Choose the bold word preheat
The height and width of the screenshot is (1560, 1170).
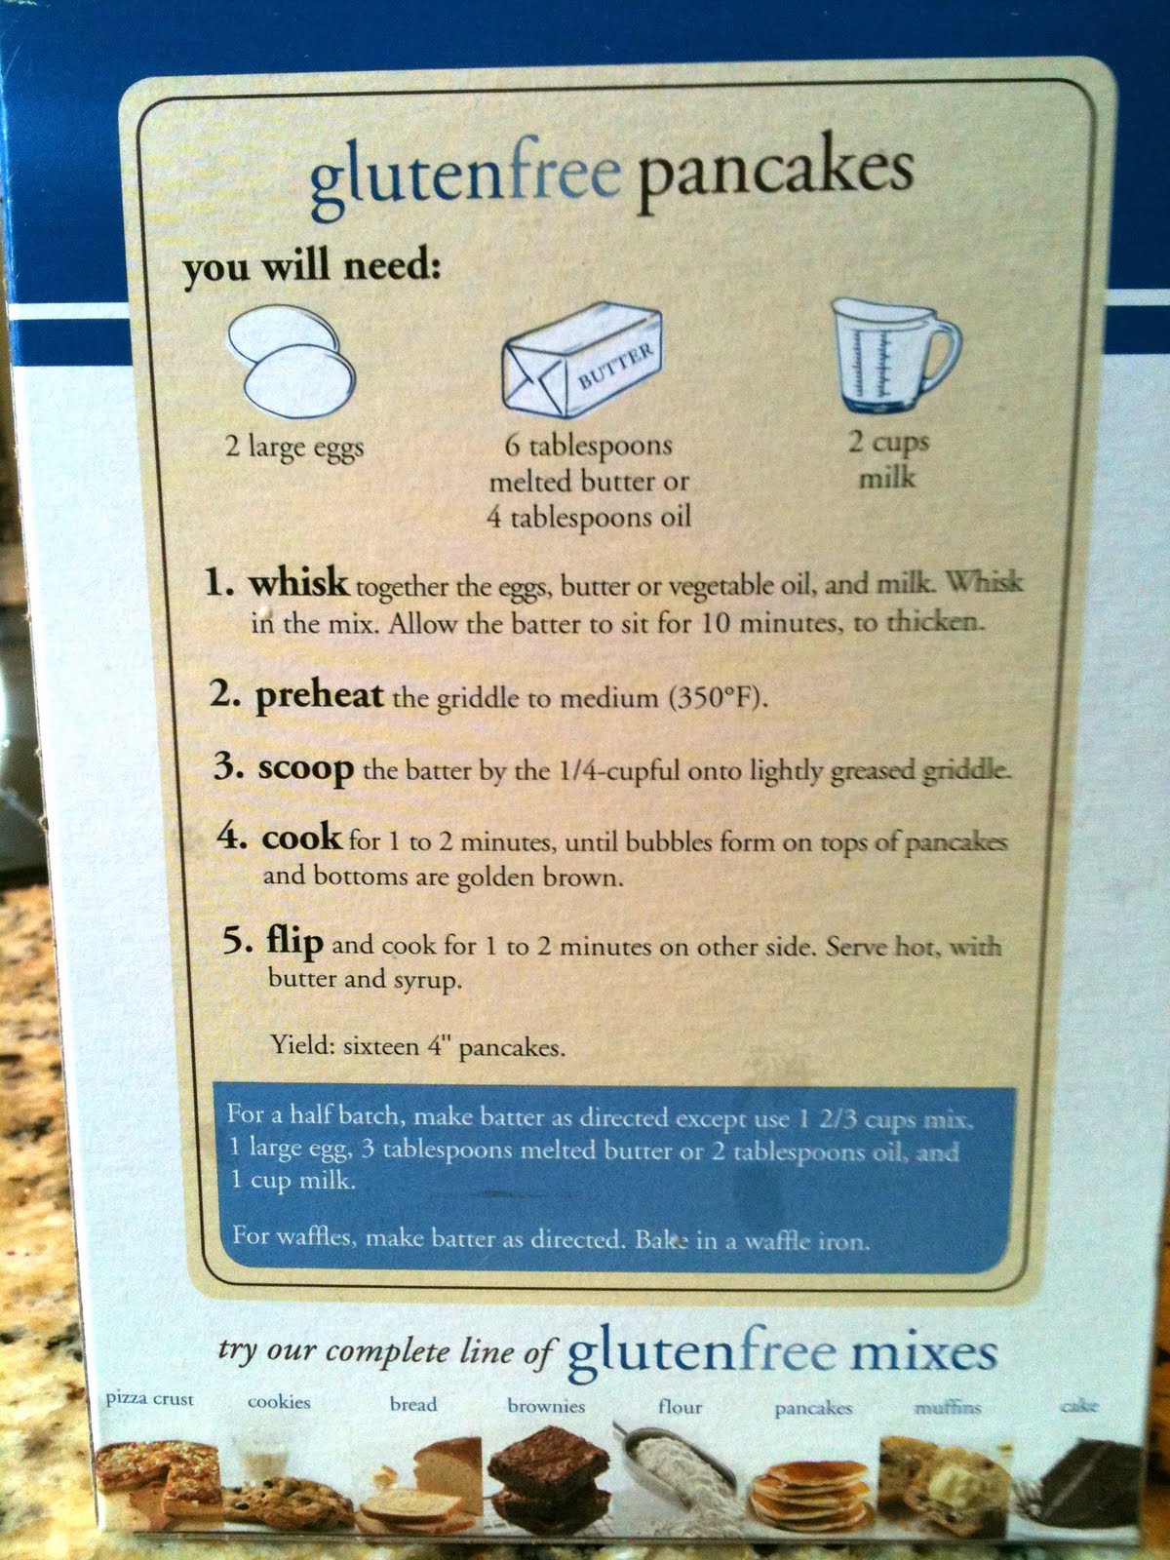tap(319, 694)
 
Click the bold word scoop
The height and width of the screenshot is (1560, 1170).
tap(305, 769)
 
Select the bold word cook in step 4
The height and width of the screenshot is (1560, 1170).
tap(301, 838)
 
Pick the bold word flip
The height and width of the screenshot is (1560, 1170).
tap(294, 943)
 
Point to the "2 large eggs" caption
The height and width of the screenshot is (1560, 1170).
tap(294, 448)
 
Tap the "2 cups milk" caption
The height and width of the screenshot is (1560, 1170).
tap(888, 460)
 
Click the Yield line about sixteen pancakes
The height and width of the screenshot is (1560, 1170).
tap(417, 1046)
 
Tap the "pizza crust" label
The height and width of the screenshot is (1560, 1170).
tap(150, 1401)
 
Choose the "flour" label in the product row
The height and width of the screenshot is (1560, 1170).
tap(680, 1406)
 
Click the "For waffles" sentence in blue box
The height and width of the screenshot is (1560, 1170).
tap(551, 1239)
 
